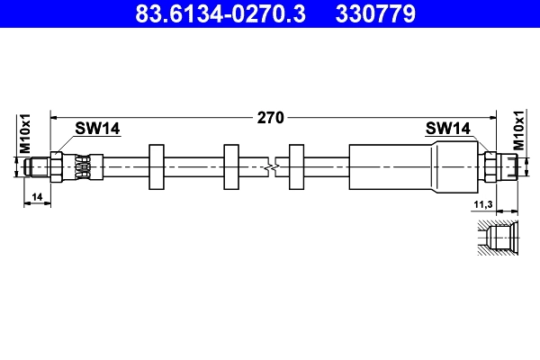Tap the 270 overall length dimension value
tap(271, 117)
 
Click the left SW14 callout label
tap(97, 129)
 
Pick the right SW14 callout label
tap(447, 129)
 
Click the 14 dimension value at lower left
tap(37, 195)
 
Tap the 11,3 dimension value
tap(482, 206)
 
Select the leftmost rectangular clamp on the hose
tap(155, 166)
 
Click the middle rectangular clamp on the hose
tap(231, 166)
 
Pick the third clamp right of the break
tap(297, 166)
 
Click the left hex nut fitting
tap(58, 166)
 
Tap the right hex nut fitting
tap(490, 166)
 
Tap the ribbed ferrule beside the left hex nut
tap(83, 166)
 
